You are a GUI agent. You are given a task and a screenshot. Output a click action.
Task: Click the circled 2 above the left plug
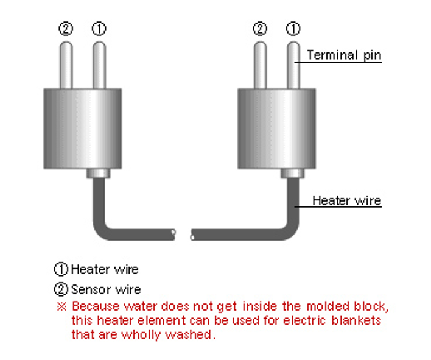[66, 29]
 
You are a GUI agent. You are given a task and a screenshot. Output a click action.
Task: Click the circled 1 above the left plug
[99, 29]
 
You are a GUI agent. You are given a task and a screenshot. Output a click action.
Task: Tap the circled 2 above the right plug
[260, 29]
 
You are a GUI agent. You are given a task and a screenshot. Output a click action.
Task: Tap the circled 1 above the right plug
[293, 29]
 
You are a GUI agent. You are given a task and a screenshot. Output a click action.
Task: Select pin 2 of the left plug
[66, 65]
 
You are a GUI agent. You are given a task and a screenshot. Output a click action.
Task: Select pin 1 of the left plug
[99, 65]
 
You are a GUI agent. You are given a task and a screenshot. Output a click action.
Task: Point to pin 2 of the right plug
[260, 65]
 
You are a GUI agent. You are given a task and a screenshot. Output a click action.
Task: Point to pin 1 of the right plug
[293, 65]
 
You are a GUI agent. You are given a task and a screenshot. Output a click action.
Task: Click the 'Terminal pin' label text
[344, 55]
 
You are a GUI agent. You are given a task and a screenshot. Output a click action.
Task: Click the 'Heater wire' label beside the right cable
[347, 200]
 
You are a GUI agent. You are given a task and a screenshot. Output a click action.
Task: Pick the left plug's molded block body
[82, 129]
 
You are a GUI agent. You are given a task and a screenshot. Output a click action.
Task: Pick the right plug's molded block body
[276, 129]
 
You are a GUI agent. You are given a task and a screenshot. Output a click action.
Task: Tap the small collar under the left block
[99, 174]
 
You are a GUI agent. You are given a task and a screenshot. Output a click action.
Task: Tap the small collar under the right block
[292, 174]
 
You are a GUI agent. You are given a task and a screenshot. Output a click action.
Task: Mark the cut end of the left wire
[173, 235]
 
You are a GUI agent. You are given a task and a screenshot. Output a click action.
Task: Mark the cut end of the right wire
[192, 235]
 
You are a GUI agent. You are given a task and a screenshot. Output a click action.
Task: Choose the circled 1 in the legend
[61, 269]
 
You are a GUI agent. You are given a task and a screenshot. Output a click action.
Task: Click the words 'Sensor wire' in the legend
[106, 289]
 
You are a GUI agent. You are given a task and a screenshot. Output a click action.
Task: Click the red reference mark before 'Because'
[61, 306]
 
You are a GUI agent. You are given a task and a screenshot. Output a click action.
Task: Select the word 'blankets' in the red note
[356, 320]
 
